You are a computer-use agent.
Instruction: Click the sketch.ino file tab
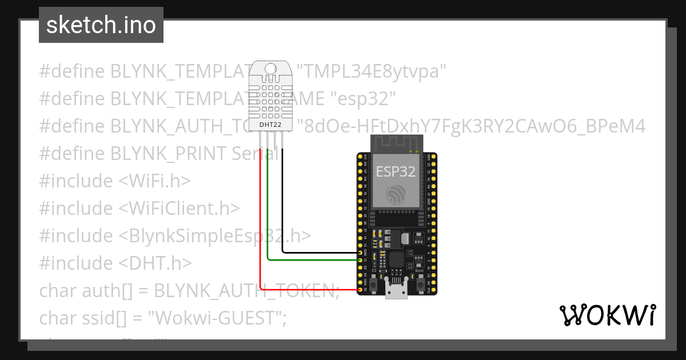click(101, 25)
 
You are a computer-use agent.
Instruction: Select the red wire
click(261, 229)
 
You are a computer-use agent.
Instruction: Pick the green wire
click(268, 217)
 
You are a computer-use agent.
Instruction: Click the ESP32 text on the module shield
click(395, 171)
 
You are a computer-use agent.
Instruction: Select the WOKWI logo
click(607, 315)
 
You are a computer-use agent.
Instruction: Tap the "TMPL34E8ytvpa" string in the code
click(374, 71)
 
